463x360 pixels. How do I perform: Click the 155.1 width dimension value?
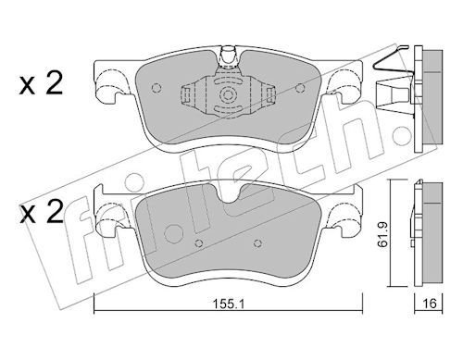229,304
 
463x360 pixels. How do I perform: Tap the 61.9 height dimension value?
383,235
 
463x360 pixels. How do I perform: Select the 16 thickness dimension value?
430,304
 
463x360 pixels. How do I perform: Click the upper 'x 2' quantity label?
41,82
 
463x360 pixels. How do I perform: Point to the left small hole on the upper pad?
156,88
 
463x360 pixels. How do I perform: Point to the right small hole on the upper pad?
299,88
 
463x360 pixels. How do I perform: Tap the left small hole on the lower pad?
199,243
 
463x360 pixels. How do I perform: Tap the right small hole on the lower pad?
257,243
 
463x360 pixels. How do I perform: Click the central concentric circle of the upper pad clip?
228,94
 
